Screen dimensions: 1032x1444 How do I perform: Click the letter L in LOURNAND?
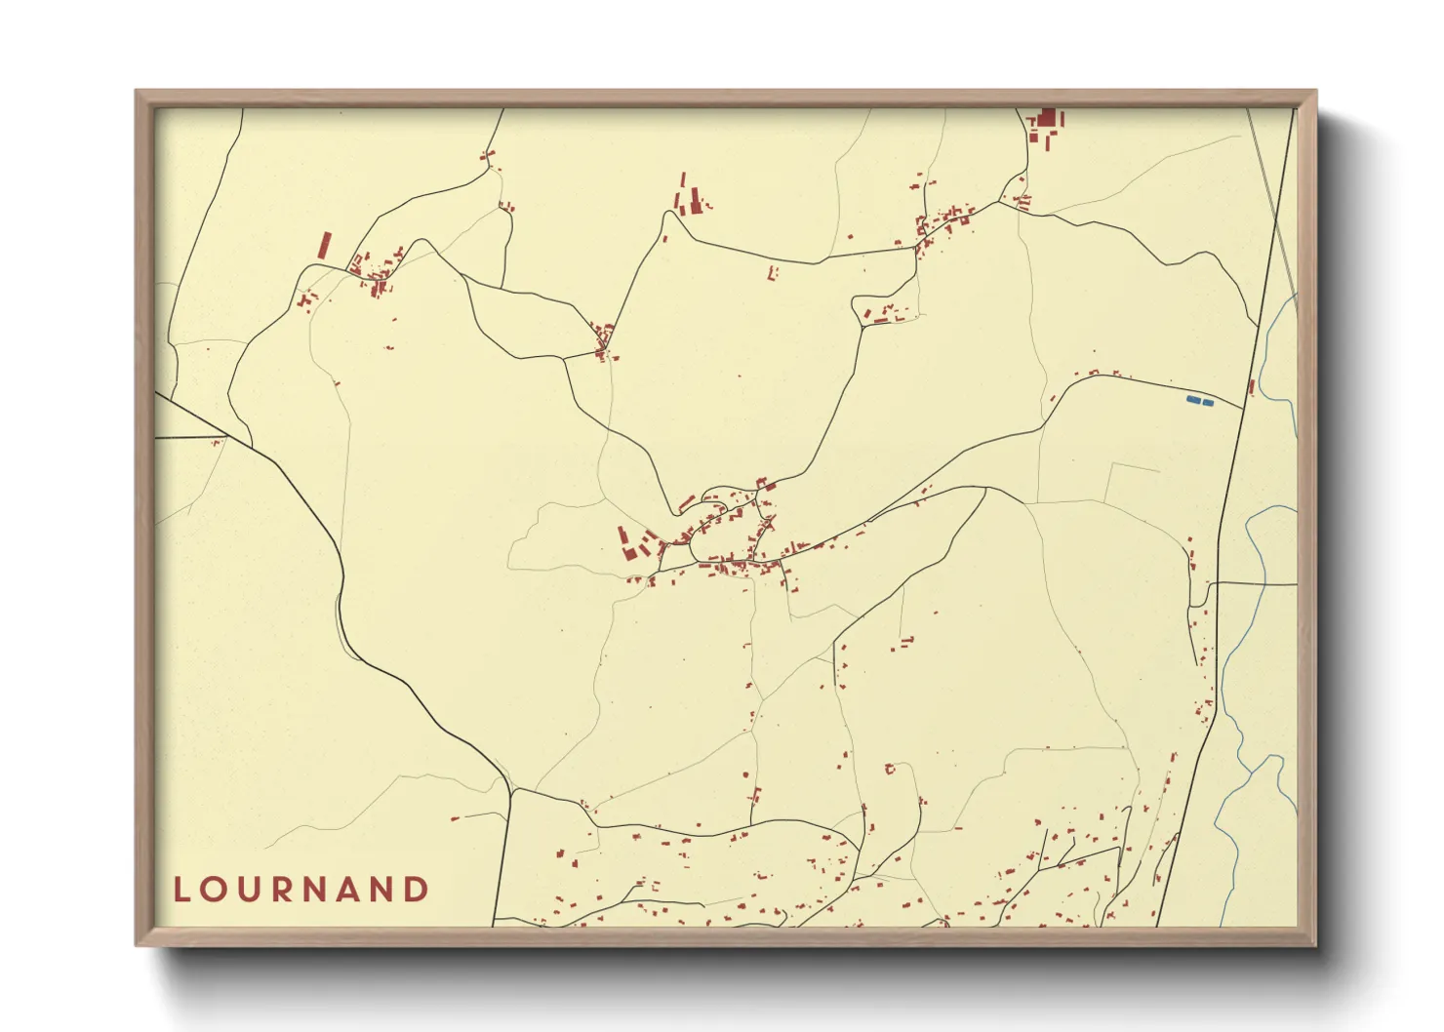[180, 890]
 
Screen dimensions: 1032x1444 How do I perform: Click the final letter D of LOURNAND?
[417, 890]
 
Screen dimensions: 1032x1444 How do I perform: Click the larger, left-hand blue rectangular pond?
[1192, 400]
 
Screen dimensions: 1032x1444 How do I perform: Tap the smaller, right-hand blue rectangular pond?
[1208, 402]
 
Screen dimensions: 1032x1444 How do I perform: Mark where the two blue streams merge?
[1251, 771]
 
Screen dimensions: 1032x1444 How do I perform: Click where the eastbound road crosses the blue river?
[1266, 584]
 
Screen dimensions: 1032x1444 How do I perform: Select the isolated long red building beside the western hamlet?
[324, 245]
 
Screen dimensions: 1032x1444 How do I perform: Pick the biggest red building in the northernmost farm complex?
[1048, 119]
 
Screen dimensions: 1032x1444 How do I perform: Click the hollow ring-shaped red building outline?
[889, 769]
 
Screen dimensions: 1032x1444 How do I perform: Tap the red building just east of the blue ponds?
[1252, 387]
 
